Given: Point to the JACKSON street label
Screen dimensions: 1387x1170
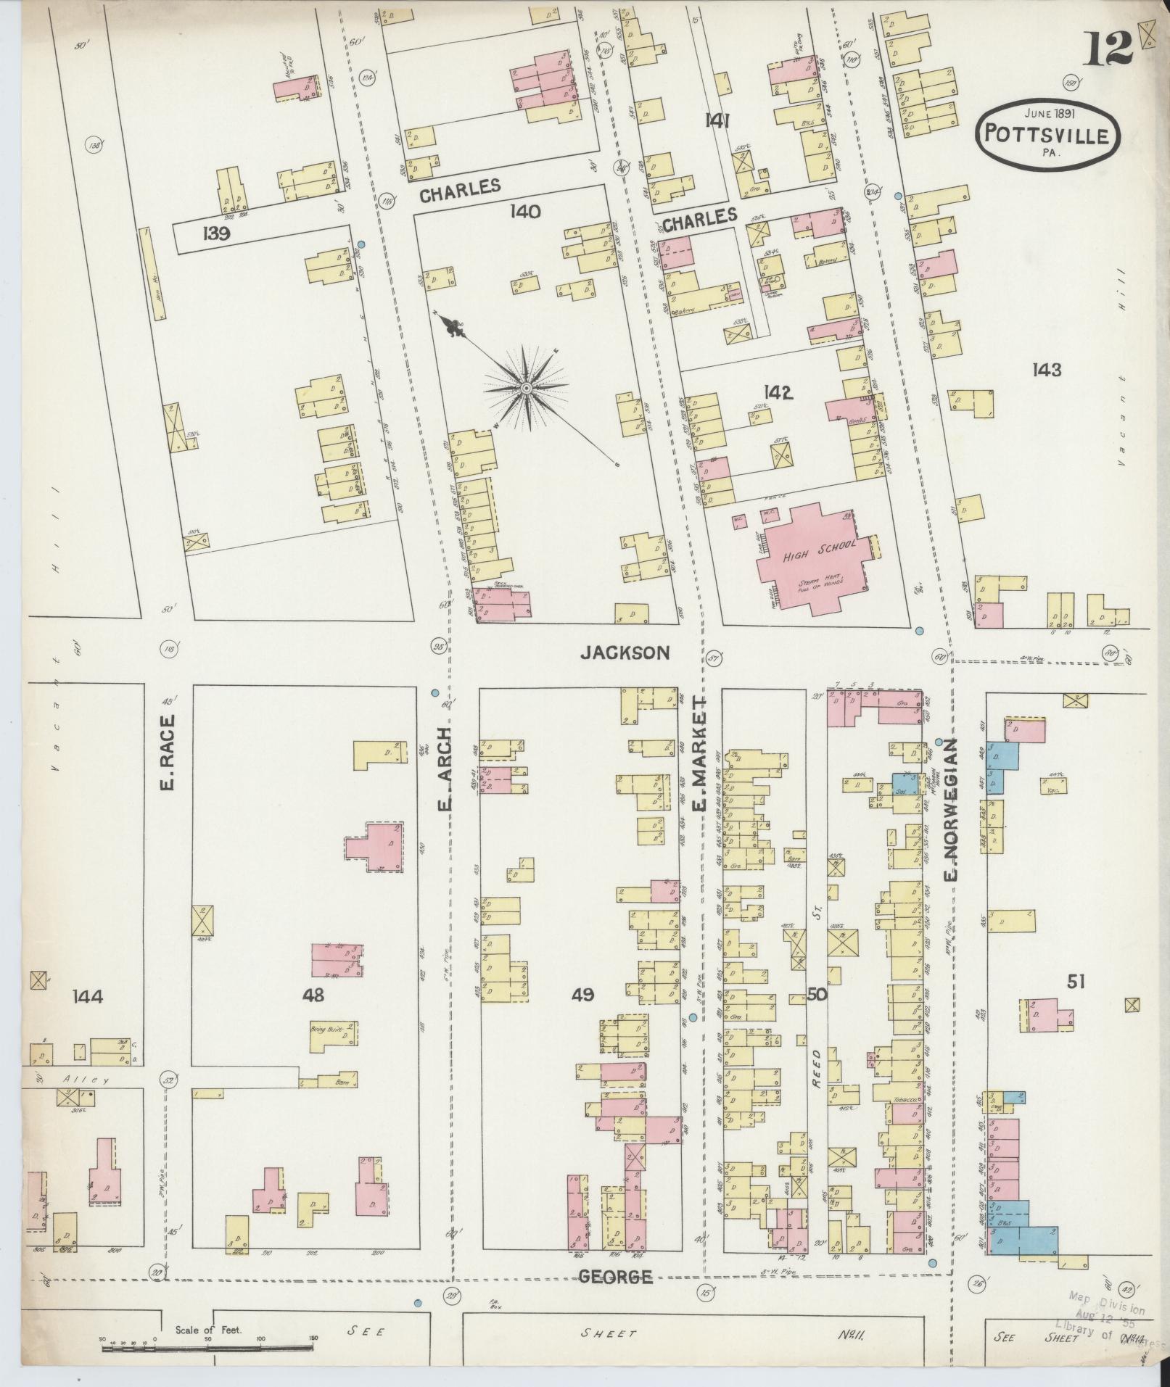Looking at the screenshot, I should point(625,653).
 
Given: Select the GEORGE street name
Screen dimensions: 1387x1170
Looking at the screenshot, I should point(614,1277).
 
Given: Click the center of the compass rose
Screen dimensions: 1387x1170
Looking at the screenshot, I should point(525,389).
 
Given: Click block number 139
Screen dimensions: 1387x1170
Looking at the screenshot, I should point(217,233).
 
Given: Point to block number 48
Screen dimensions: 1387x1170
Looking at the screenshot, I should point(313,995).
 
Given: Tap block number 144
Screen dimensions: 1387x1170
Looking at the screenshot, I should point(88,996).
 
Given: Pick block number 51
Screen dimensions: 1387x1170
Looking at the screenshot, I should point(1076,982).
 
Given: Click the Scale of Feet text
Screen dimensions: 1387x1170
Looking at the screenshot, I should point(209,1330).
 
